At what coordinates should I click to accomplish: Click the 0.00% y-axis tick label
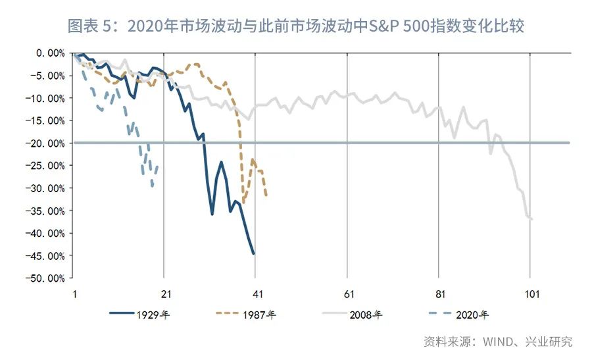click(x=48, y=53)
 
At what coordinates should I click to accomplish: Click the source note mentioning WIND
click(x=497, y=342)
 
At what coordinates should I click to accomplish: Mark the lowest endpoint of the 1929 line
click(x=254, y=253)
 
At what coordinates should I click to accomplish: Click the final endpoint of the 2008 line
click(x=531, y=219)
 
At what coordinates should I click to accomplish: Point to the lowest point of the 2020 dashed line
click(x=153, y=186)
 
